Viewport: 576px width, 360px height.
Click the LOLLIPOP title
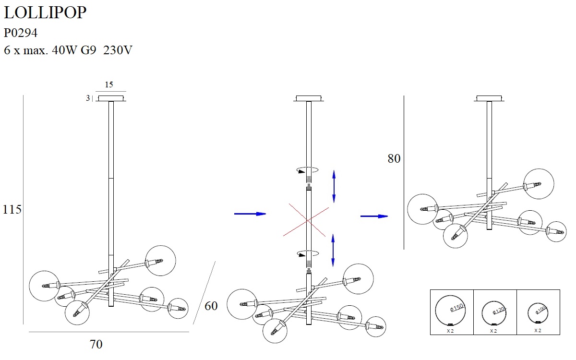[x=45, y=13]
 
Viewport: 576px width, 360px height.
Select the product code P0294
[x=21, y=33]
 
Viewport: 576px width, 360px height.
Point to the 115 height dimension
[x=12, y=210]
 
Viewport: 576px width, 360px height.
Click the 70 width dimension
[x=96, y=344]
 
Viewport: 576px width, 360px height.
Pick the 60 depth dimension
[x=211, y=306]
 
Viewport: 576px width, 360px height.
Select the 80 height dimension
[x=394, y=159]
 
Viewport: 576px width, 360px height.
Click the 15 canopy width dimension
[x=109, y=85]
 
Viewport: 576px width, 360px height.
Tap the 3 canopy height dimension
[x=88, y=98]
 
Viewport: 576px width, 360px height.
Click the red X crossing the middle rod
[x=307, y=219]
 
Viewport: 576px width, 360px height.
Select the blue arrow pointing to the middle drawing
[x=250, y=214]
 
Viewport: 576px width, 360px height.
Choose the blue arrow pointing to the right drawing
[x=374, y=216]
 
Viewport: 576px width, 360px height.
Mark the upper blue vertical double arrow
[x=334, y=186]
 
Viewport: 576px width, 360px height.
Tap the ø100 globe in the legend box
[x=538, y=313]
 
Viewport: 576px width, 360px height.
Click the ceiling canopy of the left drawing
[x=111, y=98]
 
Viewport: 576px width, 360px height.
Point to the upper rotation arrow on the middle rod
[x=308, y=169]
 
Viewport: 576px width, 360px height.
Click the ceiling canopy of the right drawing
[x=490, y=98]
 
